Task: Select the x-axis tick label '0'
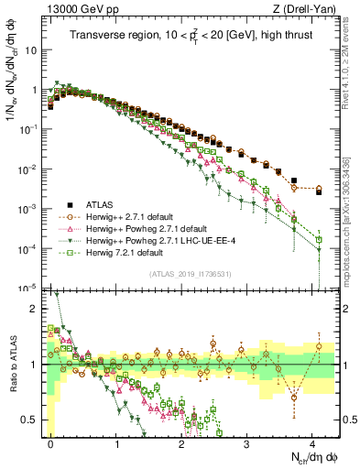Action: (50, 442)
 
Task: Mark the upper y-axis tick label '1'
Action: (34, 90)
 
